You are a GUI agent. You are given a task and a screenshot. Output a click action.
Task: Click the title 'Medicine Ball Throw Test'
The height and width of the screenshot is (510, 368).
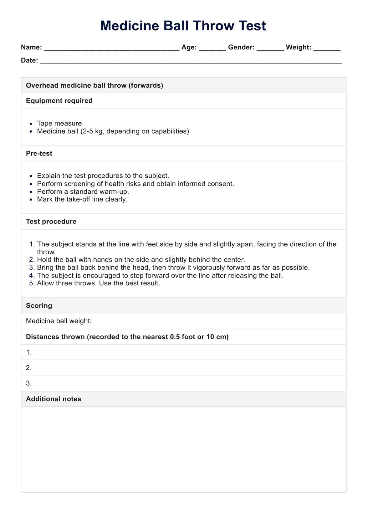pyautogui.click(x=183, y=26)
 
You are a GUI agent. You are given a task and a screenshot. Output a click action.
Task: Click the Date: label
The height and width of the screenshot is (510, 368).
pyautogui.click(x=29, y=60)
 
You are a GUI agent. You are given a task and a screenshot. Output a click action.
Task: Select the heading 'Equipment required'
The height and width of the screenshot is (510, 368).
pyautogui.click(x=59, y=101)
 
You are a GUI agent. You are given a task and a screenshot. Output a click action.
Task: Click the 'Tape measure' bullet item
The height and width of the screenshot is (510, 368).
pyautogui.click(x=59, y=123)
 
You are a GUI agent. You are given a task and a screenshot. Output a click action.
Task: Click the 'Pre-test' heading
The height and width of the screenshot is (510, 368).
pyautogui.click(x=39, y=154)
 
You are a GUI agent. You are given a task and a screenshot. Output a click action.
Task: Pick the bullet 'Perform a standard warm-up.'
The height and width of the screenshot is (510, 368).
pyautogui.click(x=83, y=191)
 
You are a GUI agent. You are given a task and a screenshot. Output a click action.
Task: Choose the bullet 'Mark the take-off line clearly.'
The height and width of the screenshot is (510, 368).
pyautogui.click(x=82, y=199)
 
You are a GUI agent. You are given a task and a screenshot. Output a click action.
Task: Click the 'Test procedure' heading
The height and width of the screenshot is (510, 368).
pyautogui.click(x=51, y=222)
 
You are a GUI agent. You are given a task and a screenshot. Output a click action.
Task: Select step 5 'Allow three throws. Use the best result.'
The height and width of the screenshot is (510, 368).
pyautogui.click(x=98, y=283)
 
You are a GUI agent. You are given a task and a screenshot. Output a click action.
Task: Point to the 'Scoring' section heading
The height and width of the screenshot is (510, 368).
pyautogui.click(x=39, y=306)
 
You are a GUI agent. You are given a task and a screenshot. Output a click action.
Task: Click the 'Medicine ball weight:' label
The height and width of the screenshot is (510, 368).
pyautogui.click(x=59, y=321)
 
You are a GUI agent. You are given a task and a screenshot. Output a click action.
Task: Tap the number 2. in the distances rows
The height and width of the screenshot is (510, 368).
pyautogui.click(x=29, y=368)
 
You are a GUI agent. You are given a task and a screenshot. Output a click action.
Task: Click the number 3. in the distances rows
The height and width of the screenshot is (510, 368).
pyautogui.click(x=29, y=383)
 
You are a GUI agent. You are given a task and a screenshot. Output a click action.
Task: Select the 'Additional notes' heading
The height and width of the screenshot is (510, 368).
pyautogui.click(x=54, y=399)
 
